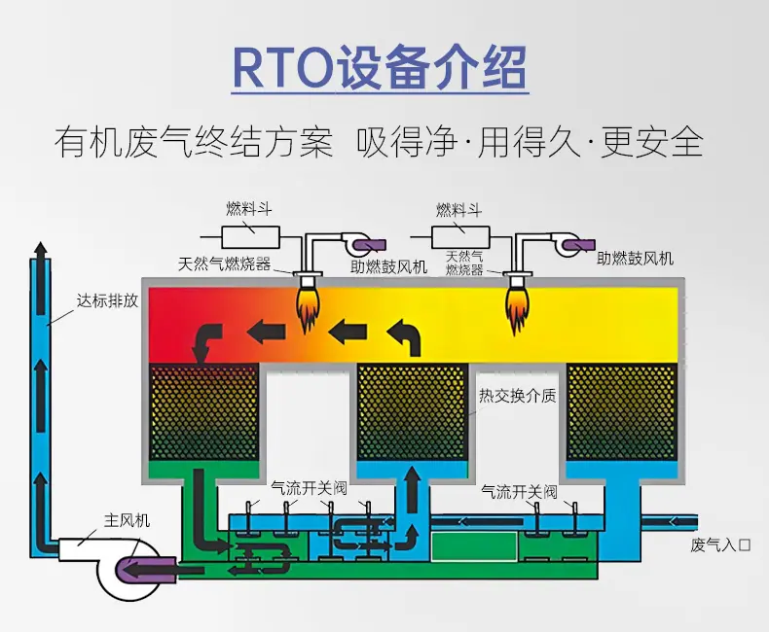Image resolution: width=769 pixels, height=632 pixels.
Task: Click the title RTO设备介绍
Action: coord(380,67)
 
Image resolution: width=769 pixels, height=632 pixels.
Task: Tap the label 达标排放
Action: coord(107,300)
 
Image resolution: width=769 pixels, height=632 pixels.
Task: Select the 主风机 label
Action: coord(127,520)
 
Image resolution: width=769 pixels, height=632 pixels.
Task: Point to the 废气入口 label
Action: coord(720,544)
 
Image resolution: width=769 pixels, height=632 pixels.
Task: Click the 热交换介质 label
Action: coord(518,396)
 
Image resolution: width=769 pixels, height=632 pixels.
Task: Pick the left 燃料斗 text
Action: coord(248,209)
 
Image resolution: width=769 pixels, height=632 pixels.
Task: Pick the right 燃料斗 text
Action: coord(458,210)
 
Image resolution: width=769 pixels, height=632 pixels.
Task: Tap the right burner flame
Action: coord(517,310)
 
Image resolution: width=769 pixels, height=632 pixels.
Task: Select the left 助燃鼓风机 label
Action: coord(389,267)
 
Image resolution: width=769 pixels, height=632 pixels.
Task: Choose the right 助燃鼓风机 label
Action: coord(635,259)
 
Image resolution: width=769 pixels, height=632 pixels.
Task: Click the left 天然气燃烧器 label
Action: coord(224,264)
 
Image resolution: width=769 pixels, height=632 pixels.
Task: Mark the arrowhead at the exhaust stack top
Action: coord(40,248)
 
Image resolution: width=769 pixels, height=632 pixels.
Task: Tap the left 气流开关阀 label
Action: coord(309,487)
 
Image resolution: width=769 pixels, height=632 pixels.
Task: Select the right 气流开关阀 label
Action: coord(520,491)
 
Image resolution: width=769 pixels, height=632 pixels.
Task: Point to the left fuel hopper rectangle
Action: coord(250,237)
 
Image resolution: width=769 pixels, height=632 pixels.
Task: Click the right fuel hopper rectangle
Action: coord(460,237)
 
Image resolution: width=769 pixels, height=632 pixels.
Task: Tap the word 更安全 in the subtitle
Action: coord(652,143)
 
